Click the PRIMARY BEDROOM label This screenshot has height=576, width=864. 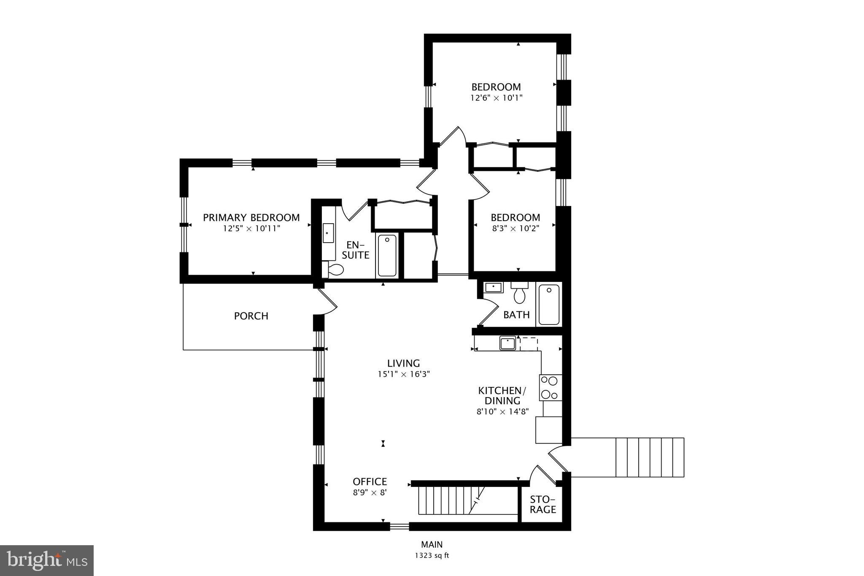coord(251,218)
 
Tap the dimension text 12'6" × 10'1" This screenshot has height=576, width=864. coord(497,98)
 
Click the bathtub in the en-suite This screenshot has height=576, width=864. coord(387,255)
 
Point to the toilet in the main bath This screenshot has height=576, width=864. coord(519,294)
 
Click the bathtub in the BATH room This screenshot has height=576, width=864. coord(549,305)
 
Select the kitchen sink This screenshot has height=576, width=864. coord(508,343)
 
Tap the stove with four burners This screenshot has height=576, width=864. coord(550,387)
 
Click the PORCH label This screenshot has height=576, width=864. coord(251,316)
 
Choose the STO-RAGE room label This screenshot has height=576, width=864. coord(543,504)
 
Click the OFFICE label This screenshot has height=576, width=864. coord(370,481)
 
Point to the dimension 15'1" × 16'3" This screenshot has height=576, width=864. coord(404,374)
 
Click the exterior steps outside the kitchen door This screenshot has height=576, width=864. coord(650,457)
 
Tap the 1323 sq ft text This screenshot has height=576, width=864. coord(432,556)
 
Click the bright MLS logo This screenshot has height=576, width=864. coord(47,560)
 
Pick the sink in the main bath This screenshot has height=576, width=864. coord(493,287)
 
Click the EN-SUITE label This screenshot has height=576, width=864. coord(355,250)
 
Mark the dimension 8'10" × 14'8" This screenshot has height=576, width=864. coord(502,412)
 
